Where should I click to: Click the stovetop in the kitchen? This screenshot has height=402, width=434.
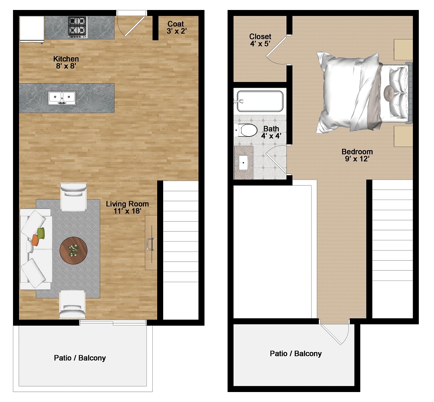(77, 27)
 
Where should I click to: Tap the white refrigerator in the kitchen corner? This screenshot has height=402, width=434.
(32, 29)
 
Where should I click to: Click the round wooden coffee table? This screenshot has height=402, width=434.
(73, 250)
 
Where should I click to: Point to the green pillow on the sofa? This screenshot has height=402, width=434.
(41, 233)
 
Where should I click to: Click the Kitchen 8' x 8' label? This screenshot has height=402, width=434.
(66, 62)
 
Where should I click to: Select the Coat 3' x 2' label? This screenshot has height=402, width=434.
(176, 27)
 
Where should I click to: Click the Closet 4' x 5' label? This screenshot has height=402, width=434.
(260, 40)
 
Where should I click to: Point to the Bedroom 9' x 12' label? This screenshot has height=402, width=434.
(357, 155)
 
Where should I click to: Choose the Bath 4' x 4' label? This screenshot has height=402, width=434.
(271, 132)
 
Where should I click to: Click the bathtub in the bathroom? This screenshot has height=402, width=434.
(260, 101)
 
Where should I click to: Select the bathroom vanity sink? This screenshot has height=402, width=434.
(243, 163)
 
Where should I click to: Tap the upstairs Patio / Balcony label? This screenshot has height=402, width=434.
(296, 353)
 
